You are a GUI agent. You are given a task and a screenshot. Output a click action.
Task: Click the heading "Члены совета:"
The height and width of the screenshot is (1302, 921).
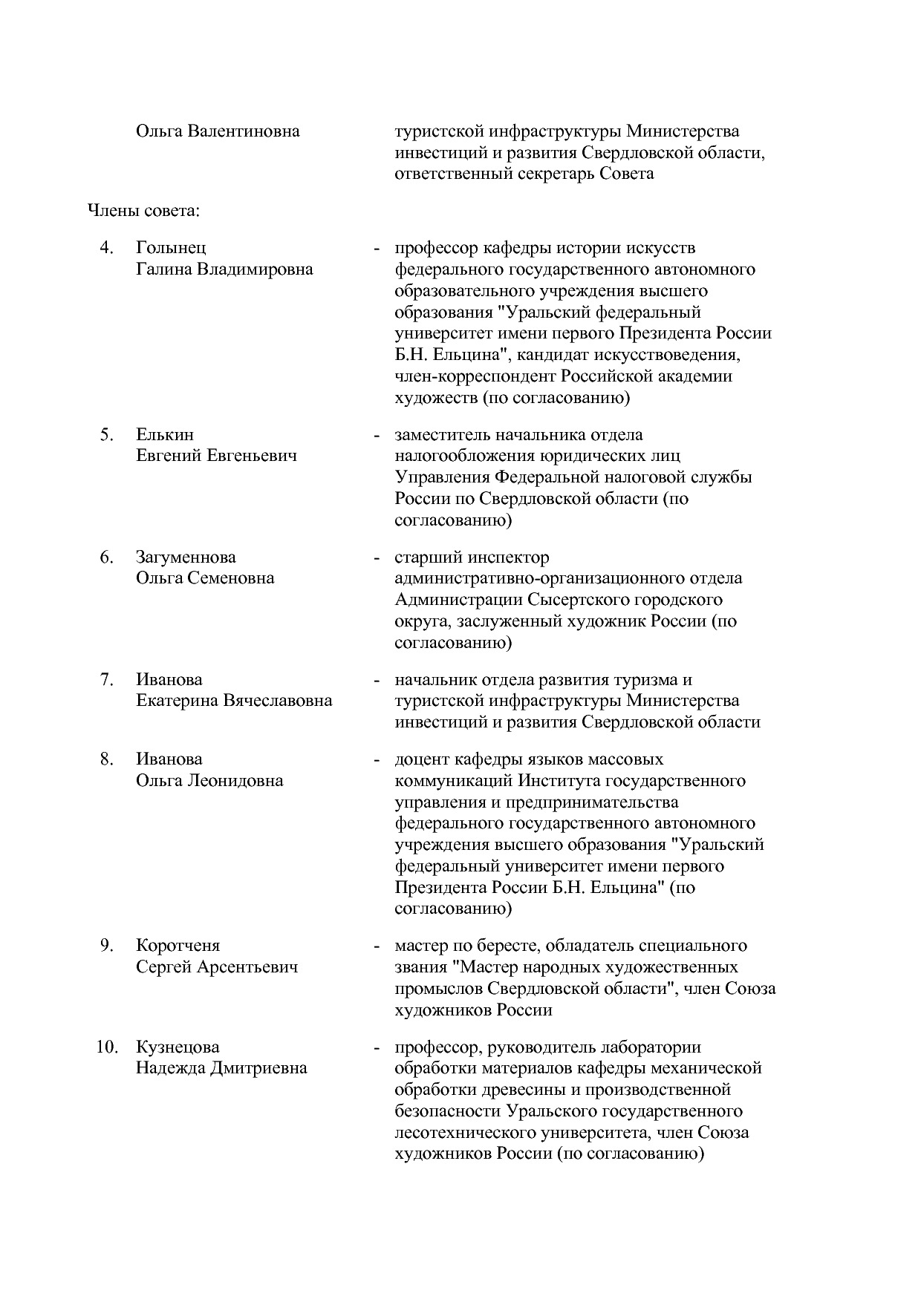[144, 211]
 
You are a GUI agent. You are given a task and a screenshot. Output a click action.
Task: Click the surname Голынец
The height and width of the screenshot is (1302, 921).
[171, 248]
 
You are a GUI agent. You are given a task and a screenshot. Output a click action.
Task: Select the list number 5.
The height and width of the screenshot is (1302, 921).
[106, 434]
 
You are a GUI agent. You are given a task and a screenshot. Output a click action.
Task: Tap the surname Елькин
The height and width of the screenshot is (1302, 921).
[164, 434]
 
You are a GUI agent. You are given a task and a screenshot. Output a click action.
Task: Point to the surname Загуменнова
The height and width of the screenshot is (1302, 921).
[186, 557]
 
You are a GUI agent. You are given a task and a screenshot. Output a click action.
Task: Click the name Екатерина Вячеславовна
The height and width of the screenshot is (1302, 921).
[234, 701]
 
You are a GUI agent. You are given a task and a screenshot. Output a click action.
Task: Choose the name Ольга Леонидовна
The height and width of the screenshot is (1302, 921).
[209, 781]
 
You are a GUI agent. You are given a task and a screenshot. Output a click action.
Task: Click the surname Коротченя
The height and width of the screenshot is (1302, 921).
[178, 946]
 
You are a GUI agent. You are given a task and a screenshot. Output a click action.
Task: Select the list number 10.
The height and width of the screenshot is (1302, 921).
[107, 1047]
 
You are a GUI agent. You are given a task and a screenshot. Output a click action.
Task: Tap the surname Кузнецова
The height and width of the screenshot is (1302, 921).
[178, 1047]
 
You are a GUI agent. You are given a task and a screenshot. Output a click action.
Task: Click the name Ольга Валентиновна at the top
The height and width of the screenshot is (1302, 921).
[218, 131]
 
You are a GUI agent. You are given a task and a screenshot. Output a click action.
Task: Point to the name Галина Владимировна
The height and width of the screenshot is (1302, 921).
[224, 269]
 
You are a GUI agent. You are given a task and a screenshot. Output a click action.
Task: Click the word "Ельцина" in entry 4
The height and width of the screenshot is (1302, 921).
[463, 355]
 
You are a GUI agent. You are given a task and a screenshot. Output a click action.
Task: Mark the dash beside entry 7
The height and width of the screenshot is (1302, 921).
[377, 680]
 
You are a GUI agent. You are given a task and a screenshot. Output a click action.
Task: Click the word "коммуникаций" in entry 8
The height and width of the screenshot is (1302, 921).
[454, 781]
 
